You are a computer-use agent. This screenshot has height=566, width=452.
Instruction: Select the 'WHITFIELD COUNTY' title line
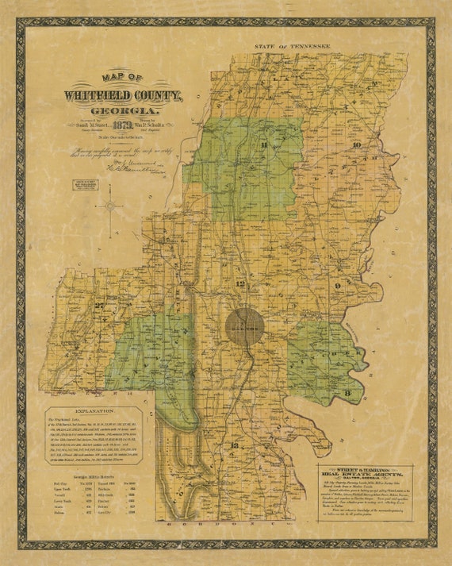[x=124, y=95]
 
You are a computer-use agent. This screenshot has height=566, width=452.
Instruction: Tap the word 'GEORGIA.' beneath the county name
[x=124, y=110]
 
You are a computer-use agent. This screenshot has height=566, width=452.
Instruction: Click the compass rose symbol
[x=113, y=208]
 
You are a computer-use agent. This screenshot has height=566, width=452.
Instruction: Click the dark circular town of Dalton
[x=244, y=325]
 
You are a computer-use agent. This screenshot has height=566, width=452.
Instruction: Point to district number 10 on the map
[x=357, y=144]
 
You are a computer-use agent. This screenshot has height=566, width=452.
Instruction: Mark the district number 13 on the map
[x=233, y=446]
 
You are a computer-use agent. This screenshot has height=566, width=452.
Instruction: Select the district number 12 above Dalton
[x=241, y=283]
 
